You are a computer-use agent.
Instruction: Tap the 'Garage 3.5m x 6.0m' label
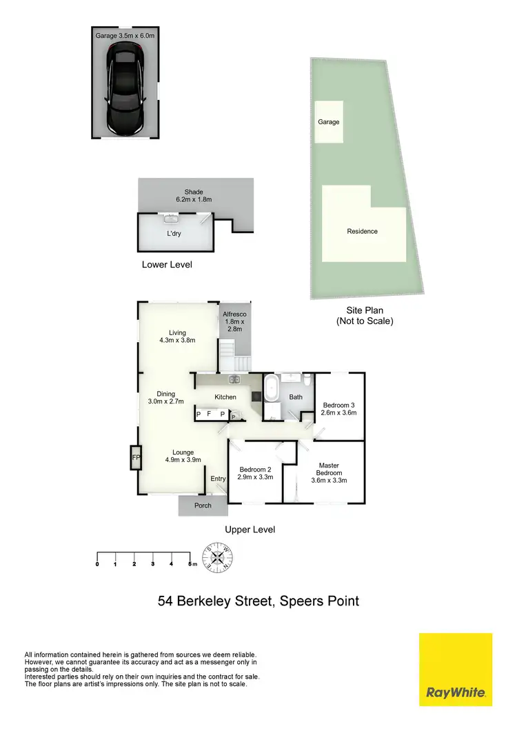click(125, 32)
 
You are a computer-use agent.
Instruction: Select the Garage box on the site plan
click(329, 122)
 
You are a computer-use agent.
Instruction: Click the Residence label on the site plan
click(362, 232)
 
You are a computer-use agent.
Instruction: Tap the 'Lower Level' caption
click(167, 264)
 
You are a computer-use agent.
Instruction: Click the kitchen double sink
click(235, 379)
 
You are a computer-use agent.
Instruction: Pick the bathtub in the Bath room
click(272, 388)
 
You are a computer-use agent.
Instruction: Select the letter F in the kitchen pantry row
click(209, 414)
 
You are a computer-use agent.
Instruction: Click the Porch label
click(203, 505)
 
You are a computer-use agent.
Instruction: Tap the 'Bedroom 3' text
click(339, 405)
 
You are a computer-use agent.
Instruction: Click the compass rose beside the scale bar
click(219, 557)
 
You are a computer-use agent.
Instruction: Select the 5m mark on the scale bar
click(191, 564)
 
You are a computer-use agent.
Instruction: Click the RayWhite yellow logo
click(456, 669)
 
